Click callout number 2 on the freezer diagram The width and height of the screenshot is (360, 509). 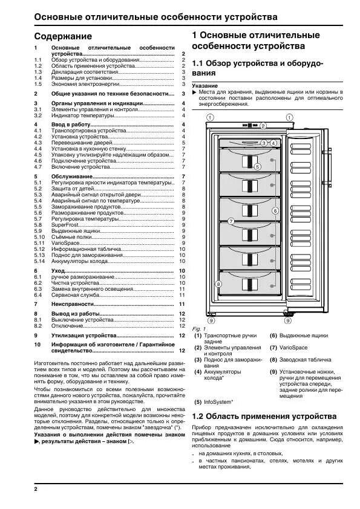coord(263,126)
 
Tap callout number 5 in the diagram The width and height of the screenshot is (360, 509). coord(257,166)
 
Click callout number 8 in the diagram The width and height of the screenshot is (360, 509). coord(218,283)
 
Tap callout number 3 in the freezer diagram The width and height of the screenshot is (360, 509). coord(264,143)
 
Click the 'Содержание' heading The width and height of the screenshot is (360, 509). coord(63,36)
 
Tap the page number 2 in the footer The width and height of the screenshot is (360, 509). coord(36,488)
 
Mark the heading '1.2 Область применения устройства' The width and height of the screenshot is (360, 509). coord(264,417)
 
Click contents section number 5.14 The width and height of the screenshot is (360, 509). coord(40,261)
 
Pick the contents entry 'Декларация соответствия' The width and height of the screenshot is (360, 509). coord(83,72)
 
